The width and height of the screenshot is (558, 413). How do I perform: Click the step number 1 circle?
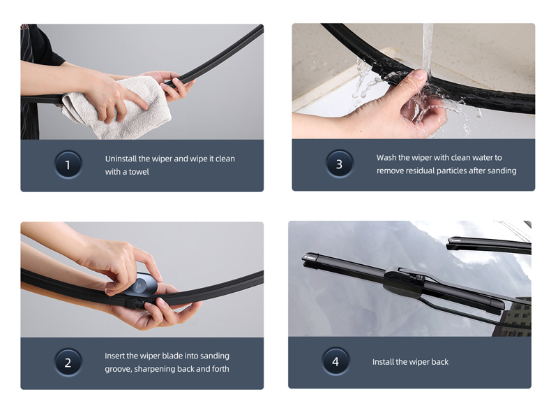click(68, 165)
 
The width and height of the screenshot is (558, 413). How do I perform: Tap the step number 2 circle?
click(68, 363)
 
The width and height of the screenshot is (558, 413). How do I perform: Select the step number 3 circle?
click(339, 164)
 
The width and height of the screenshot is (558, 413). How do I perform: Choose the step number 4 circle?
click(335, 362)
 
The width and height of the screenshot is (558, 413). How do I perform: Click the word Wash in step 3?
click(386, 158)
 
